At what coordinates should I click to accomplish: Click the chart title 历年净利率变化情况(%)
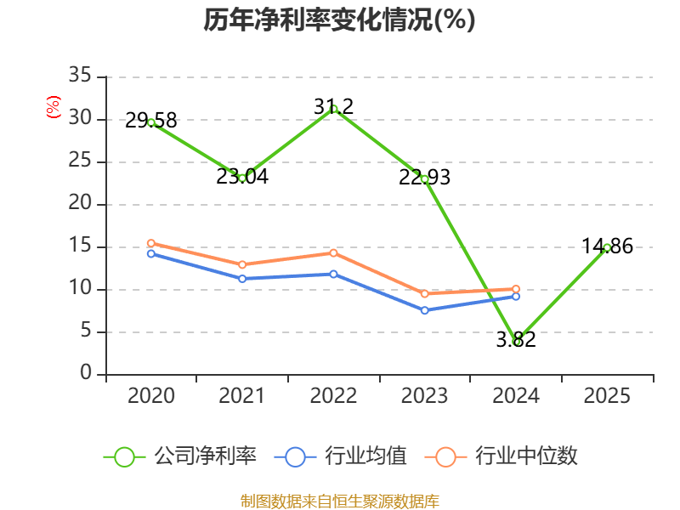coord(339,20)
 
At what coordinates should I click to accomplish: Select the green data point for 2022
coord(333,109)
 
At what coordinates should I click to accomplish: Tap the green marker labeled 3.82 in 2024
coord(516,342)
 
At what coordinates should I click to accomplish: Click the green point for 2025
coord(607,247)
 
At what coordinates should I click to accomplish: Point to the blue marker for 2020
coord(151,253)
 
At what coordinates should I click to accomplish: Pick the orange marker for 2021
coord(242,264)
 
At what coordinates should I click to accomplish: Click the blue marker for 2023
coord(425,310)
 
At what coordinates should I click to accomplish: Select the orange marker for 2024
coord(516,289)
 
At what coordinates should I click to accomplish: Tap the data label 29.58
coord(151,121)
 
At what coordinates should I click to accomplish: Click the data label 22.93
coord(424,178)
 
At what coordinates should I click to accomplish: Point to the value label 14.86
coord(607,246)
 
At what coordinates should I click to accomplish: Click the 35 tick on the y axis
coord(80,75)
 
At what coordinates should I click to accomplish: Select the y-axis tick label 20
coord(80,202)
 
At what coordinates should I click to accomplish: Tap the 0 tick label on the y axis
coord(86,372)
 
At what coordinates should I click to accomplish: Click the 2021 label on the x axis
coord(242,395)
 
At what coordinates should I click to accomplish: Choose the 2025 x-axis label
coord(607,395)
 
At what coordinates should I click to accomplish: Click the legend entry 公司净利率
coord(180,456)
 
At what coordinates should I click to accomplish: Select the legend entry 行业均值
coord(341,456)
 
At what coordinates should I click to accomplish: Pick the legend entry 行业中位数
coord(501,456)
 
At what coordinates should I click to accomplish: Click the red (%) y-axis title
coord(54,107)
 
